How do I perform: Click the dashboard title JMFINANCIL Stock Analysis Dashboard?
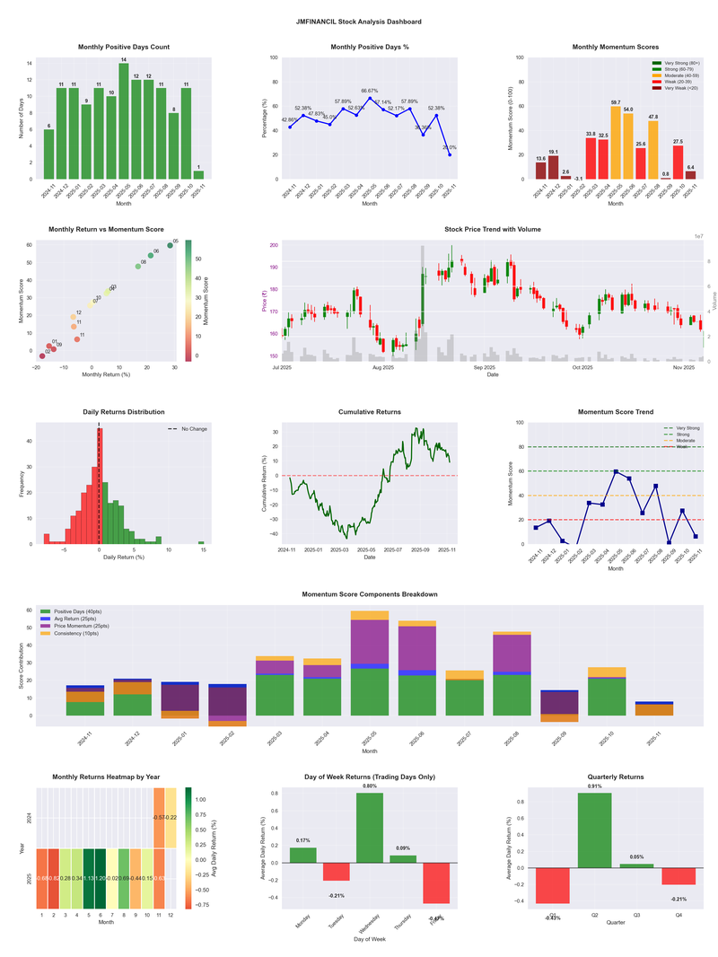(358, 22)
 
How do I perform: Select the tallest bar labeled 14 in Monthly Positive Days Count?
(124, 121)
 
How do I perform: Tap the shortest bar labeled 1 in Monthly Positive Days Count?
(198, 174)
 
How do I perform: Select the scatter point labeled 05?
(170, 245)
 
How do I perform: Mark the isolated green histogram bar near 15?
(201, 542)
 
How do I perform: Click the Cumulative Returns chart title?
(369, 412)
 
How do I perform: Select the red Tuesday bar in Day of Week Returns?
(336, 872)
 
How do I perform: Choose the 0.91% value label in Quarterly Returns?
(595, 786)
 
